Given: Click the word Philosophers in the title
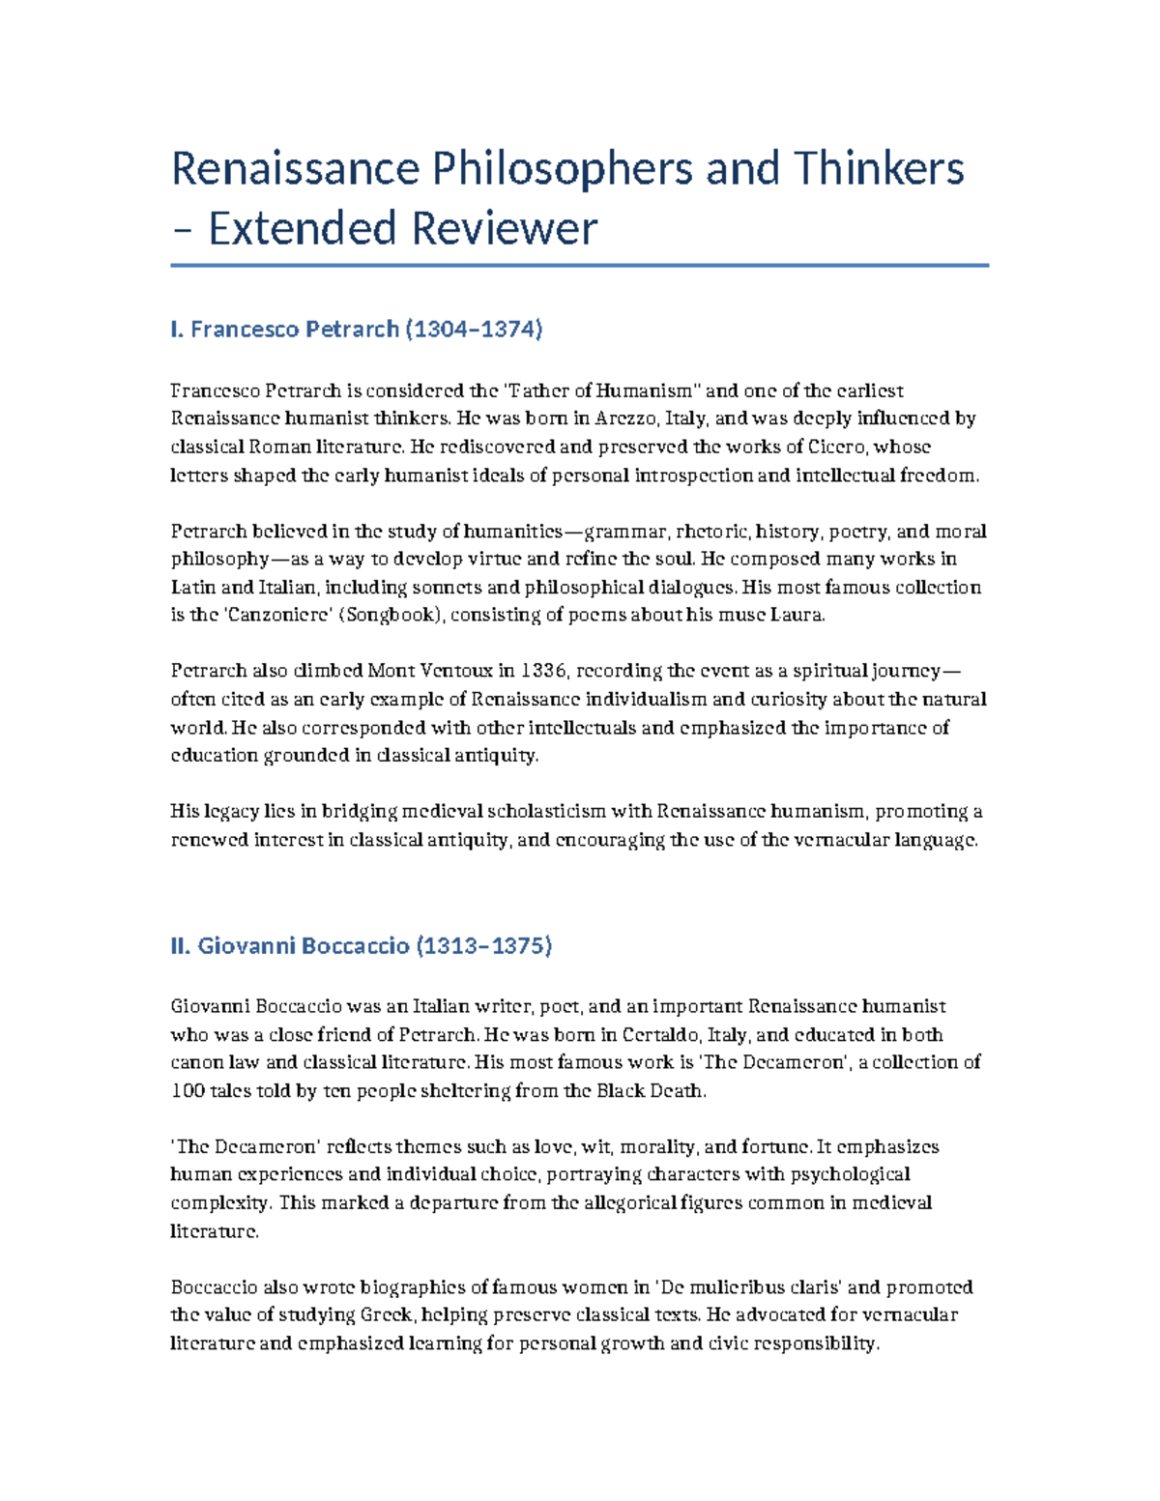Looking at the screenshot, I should (561, 169).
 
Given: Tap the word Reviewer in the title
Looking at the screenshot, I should (504, 229).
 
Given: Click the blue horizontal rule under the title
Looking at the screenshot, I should (579, 265).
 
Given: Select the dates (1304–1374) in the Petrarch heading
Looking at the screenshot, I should (474, 330).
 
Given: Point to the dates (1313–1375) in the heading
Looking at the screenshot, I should (483, 945).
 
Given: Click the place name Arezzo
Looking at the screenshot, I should (628, 419).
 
